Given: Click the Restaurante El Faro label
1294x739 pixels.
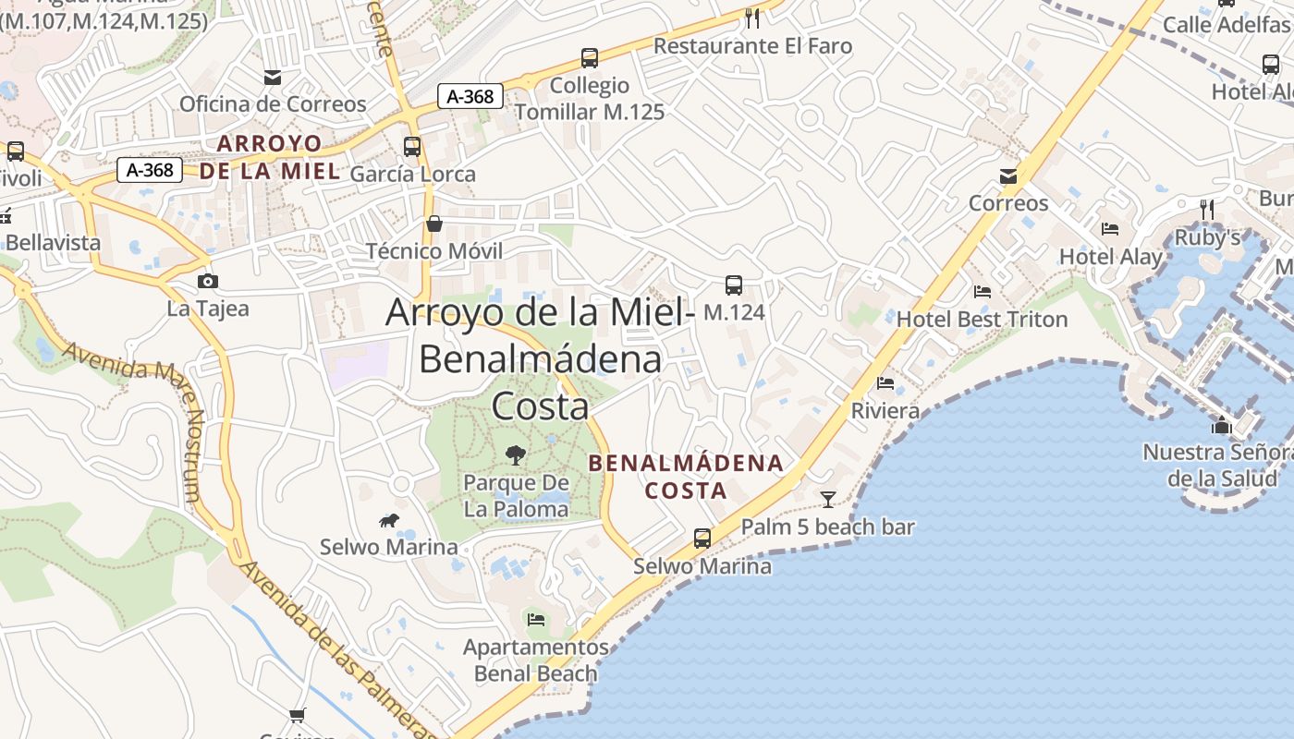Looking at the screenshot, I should pyautogui.click(x=752, y=46).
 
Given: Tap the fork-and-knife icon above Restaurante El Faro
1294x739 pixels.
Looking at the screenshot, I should pyautogui.click(x=752, y=18).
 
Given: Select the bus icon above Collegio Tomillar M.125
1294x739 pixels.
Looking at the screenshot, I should pyautogui.click(x=590, y=58).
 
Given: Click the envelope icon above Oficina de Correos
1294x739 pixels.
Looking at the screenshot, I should pyautogui.click(x=273, y=77).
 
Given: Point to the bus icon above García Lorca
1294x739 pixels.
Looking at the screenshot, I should pyautogui.click(x=412, y=147).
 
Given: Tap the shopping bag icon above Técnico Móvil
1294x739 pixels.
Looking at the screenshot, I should pyautogui.click(x=433, y=224).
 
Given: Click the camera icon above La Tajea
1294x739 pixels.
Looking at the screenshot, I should pyautogui.click(x=208, y=281).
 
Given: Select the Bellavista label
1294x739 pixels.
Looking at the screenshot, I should pyautogui.click(x=53, y=243).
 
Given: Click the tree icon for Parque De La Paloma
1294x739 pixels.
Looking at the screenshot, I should pyautogui.click(x=515, y=454).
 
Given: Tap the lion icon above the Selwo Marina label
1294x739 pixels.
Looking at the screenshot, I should pyautogui.click(x=388, y=521).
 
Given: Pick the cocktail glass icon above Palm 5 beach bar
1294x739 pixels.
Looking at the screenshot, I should pyautogui.click(x=827, y=500).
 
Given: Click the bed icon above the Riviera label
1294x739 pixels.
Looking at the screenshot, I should pyautogui.click(x=885, y=383).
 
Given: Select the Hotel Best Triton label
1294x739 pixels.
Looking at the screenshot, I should pyautogui.click(x=982, y=320).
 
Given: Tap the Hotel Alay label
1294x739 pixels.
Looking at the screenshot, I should pyautogui.click(x=1110, y=257).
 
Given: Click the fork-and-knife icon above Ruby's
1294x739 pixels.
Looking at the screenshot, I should pyautogui.click(x=1206, y=210).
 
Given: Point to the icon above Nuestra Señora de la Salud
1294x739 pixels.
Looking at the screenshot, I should pyautogui.click(x=1221, y=426).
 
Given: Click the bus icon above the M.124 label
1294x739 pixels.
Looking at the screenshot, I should pyautogui.click(x=734, y=285).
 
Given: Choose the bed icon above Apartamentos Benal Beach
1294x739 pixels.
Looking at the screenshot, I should pyautogui.click(x=535, y=619).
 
